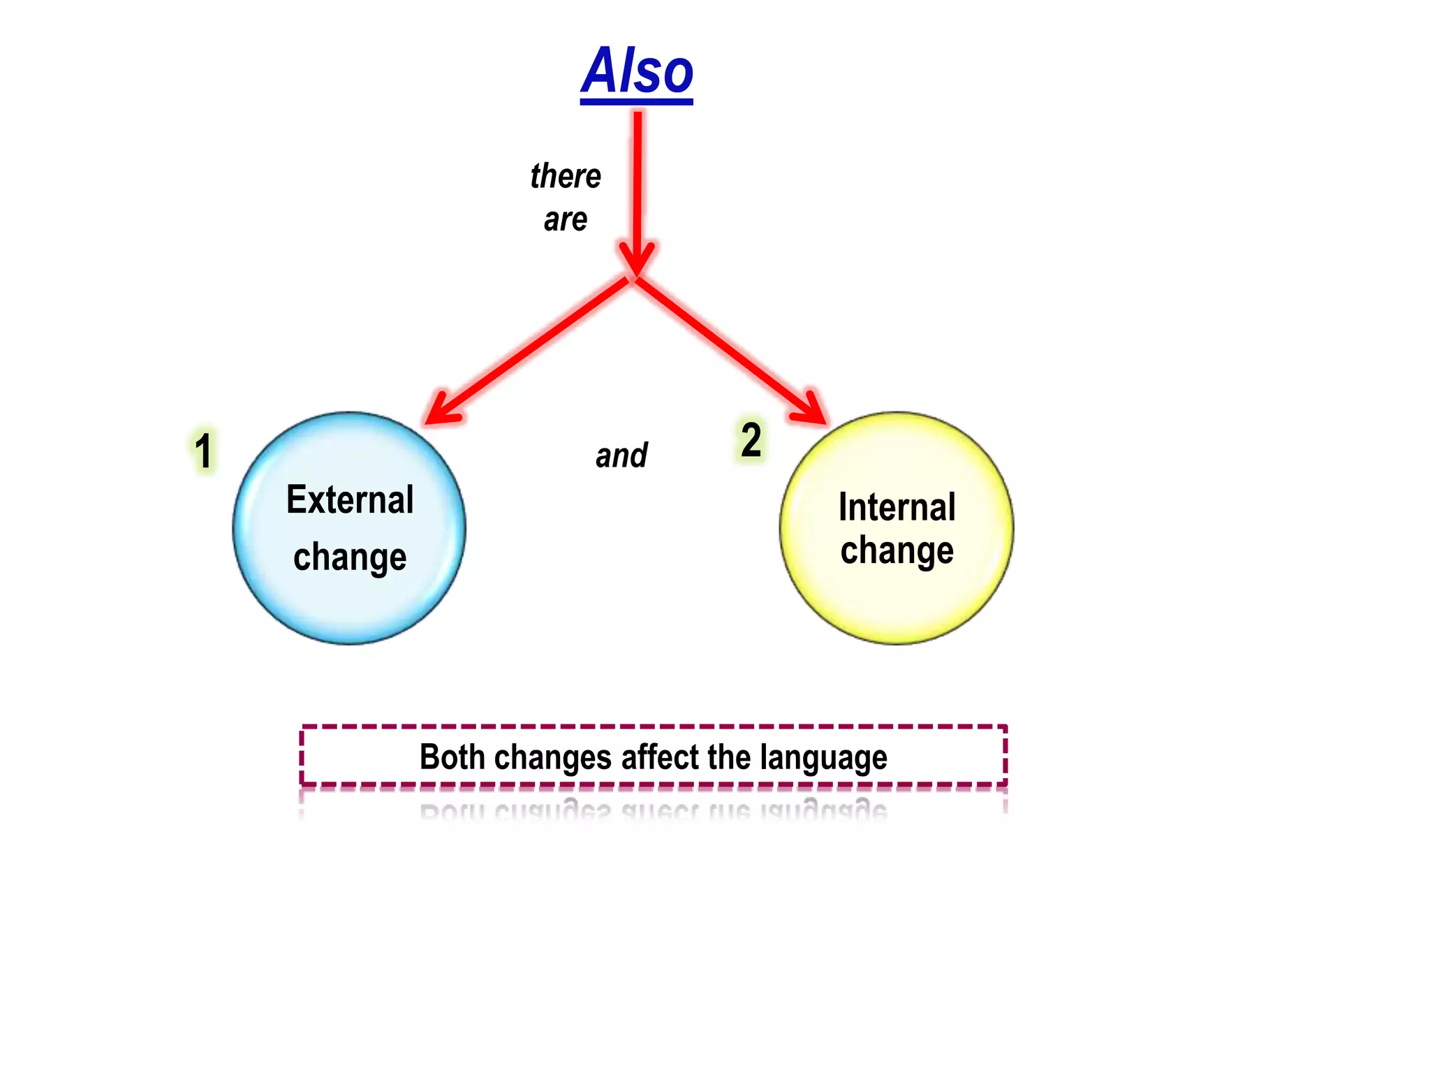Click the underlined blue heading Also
(637, 71)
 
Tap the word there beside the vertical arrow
(566, 176)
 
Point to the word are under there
(566, 220)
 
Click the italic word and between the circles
(621, 455)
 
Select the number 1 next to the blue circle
(203, 451)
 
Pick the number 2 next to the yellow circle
(751, 441)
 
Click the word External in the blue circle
(350, 500)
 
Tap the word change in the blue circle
(350, 557)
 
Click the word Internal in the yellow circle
(897, 507)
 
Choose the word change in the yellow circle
(897, 550)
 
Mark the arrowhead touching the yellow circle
(811, 410)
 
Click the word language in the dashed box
(824, 757)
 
